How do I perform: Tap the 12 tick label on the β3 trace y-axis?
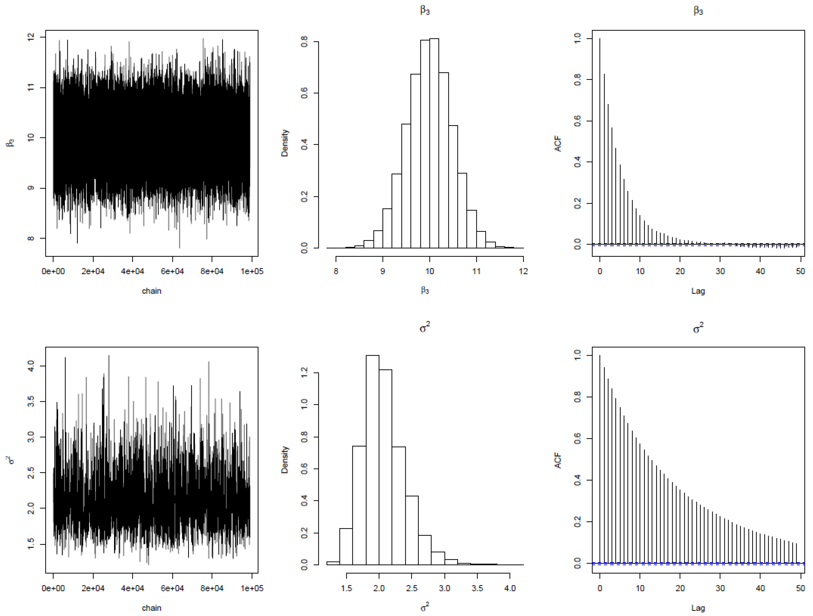click(x=31, y=37)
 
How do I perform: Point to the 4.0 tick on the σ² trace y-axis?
click(x=31, y=366)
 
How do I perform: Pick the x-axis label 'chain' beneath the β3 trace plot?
click(x=151, y=291)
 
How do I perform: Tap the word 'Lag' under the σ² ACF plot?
click(x=698, y=608)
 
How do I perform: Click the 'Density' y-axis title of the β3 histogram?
click(x=285, y=143)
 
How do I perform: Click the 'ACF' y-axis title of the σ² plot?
click(x=558, y=460)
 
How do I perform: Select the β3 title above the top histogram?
click(x=425, y=10)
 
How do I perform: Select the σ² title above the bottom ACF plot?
click(x=698, y=327)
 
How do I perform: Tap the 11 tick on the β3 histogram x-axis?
click(x=476, y=272)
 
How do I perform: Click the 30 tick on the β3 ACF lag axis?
click(x=720, y=272)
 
